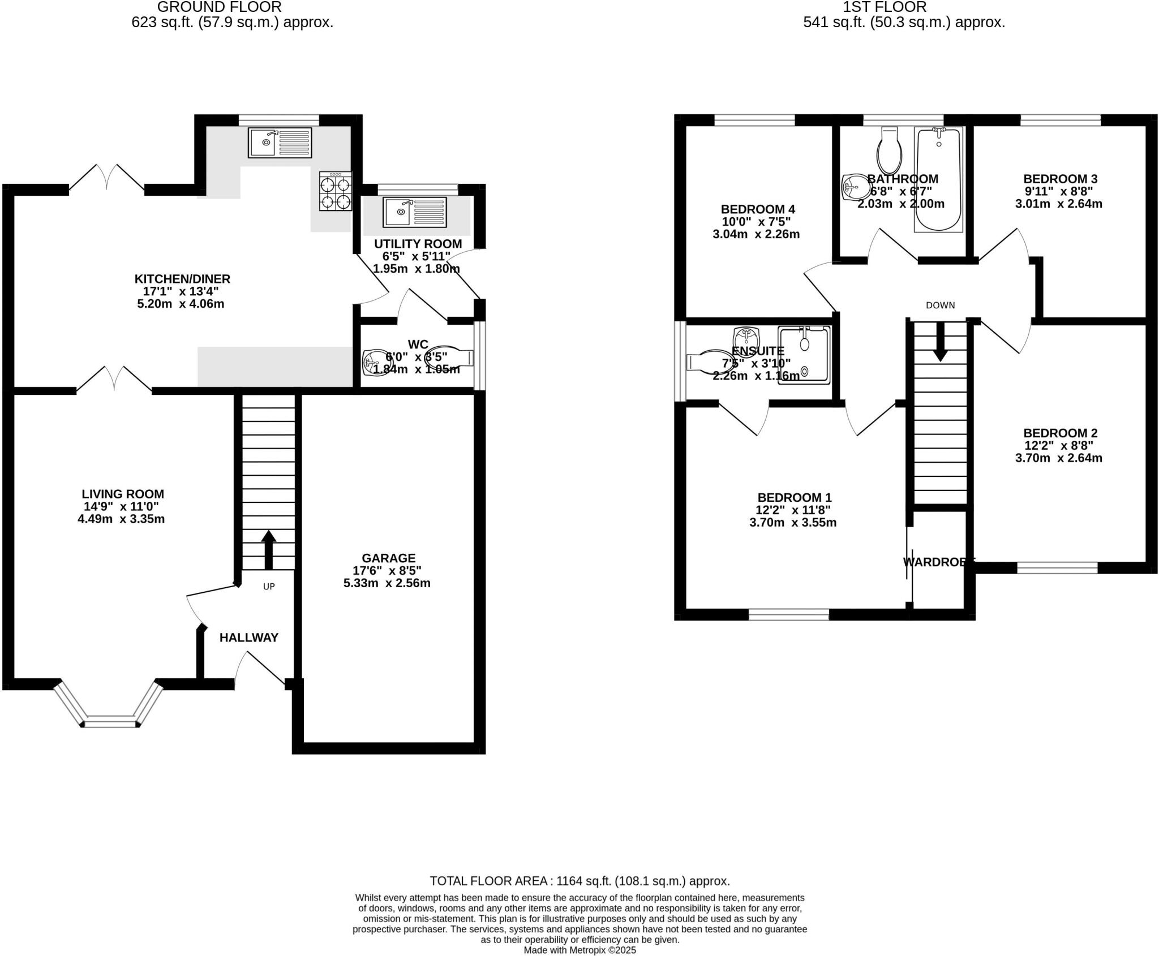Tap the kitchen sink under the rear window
tap(279, 143)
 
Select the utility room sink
tap(414, 212)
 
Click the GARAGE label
tap(388, 558)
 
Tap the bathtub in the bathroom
tap(938, 179)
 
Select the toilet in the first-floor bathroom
tap(888, 150)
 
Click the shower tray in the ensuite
tap(804, 356)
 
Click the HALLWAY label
tap(249, 638)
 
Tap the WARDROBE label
tap(938, 562)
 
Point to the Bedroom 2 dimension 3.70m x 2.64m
tap(1058, 458)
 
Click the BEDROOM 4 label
tap(753, 209)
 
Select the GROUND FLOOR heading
tap(219, 7)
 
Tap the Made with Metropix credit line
tap(579, 950)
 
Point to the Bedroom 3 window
tap(1060, 120)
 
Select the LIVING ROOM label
tap(123, 494)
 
